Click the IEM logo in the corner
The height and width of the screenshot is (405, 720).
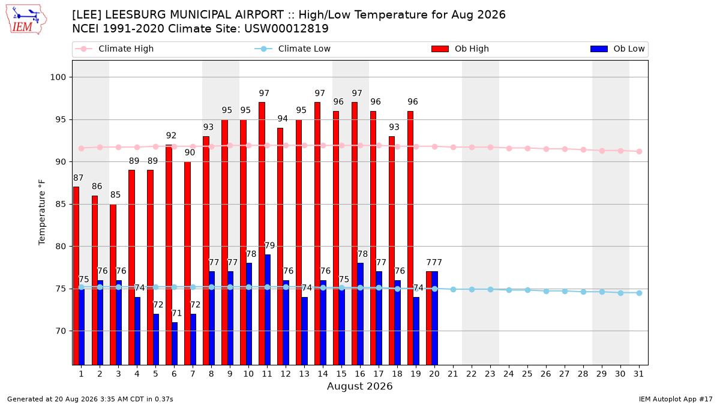click(26, 20)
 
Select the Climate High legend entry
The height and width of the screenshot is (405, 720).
click(114, 49)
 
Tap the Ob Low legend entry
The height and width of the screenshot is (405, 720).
click(617, 49)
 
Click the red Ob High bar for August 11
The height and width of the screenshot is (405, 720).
click(262, 233)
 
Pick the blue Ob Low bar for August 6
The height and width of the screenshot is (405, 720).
click(175, 344)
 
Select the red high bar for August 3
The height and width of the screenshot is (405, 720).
click(113, 284)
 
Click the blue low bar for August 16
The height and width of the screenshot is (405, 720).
click(361, 314)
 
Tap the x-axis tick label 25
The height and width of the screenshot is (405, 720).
click(527, 374)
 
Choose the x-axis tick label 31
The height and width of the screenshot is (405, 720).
click(638, 374)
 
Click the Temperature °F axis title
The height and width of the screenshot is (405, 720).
click(42, 212)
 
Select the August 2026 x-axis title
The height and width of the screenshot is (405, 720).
click(359, 386)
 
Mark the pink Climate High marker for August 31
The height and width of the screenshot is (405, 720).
click(639, 151)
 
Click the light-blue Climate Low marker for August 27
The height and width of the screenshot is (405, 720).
click(565, 291)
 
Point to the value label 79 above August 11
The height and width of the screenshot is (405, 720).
click(269, 245)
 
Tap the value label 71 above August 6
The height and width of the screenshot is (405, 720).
click(176, 313)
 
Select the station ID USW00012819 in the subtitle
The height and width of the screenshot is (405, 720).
click(286, 29)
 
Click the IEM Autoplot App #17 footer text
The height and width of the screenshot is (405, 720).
click(676, 399)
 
